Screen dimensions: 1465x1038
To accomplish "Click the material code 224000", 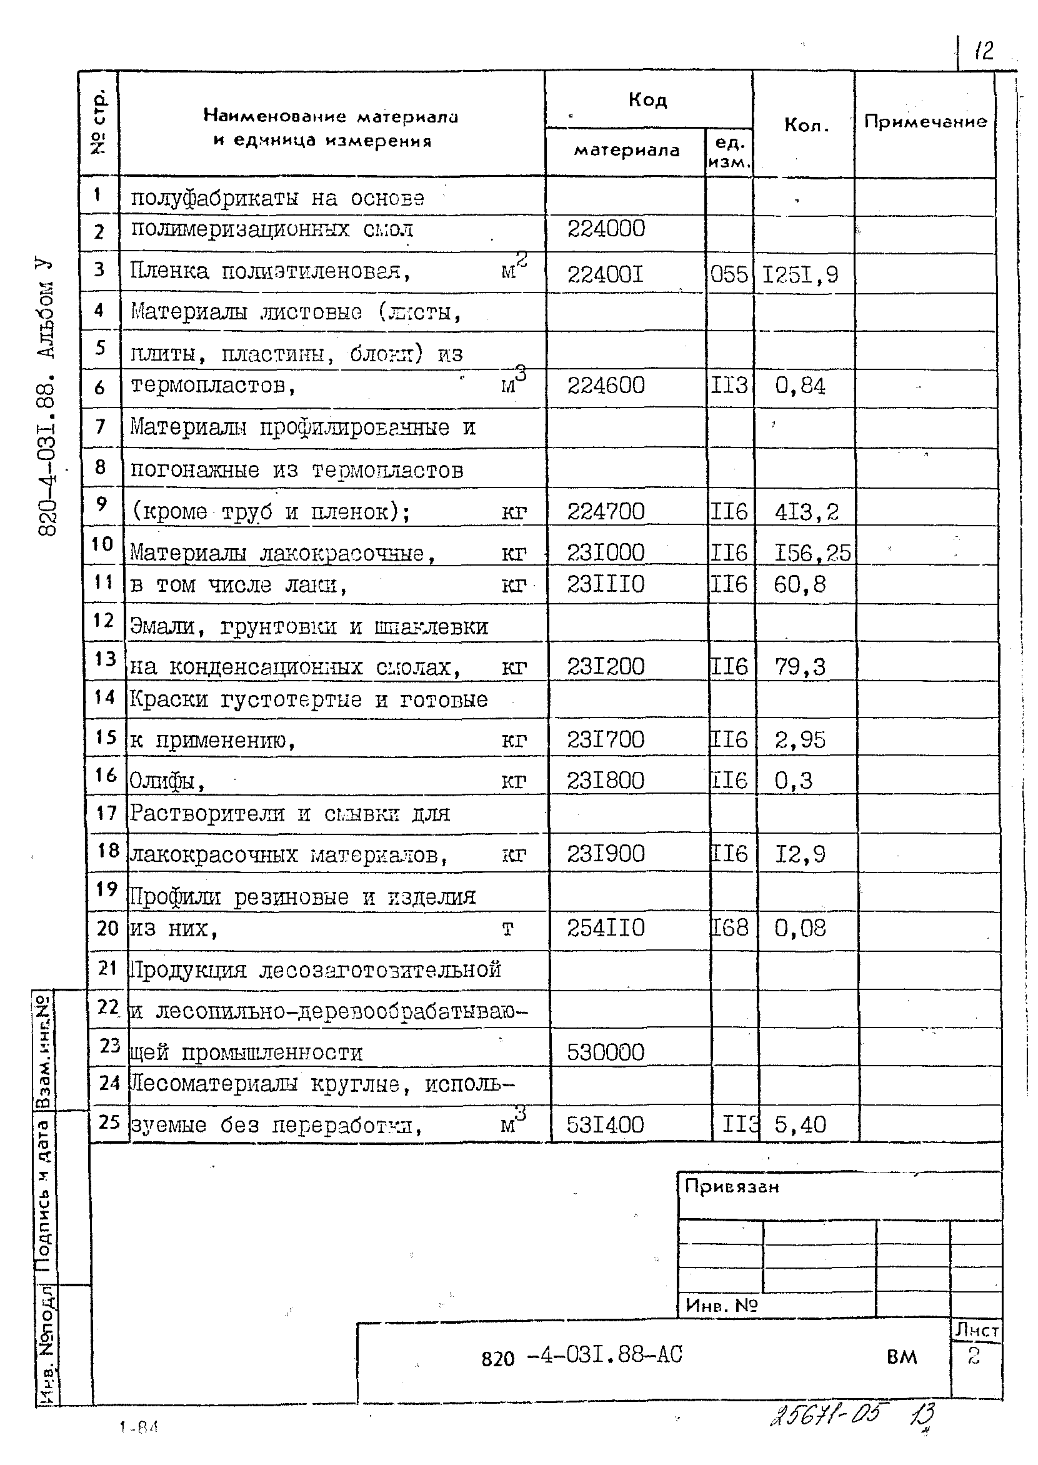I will coord(606,229).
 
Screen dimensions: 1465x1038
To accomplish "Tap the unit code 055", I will coord(729,275).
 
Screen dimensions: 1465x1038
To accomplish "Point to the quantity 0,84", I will coord(800,386).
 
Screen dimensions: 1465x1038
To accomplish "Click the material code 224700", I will coord(606,511).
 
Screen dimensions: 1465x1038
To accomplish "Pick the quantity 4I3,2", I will coord(806,512).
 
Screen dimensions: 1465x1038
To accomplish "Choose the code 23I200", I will coord(606,667).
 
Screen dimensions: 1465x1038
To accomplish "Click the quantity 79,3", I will coord(801,667).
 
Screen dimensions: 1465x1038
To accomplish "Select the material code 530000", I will coord(606,1052).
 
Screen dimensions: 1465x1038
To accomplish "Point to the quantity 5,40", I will coord(801,1124).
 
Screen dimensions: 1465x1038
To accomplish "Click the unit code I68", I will coord(729,927).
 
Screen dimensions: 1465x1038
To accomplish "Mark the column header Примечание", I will coord(925,121).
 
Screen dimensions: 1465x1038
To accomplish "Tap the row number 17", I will coord(106,813).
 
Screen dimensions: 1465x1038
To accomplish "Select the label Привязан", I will coord(732,1186).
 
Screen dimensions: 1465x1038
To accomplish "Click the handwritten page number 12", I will coord(984,50).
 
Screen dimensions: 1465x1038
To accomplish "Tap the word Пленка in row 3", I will coord(169,271).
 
